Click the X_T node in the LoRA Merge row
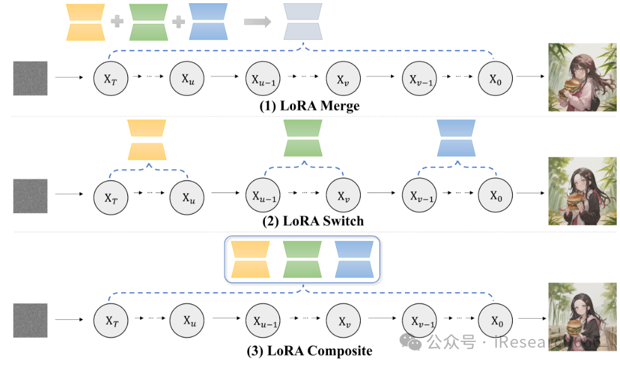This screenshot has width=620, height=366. pos(111,78)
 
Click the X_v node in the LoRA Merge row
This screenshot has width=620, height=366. pos(342,78)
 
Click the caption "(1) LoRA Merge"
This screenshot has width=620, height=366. pos(309,106)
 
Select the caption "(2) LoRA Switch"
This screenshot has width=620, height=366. pos(313,221)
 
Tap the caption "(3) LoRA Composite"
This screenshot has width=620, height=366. pos(309,350)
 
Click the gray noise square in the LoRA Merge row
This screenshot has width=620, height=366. pos(30,78)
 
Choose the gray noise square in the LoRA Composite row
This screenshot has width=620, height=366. pos(30,320)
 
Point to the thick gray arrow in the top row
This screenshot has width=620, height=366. pos(257,21)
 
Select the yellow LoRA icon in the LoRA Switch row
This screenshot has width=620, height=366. pos(147,139)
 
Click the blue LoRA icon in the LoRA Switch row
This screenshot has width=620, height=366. pos(456,138)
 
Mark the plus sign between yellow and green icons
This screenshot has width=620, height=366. pos(116,22)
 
